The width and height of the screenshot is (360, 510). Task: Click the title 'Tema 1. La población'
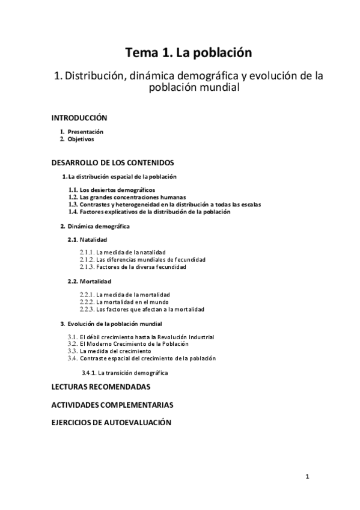[x=188, y=53]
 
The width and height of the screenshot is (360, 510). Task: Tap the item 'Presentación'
[x=85, y=132]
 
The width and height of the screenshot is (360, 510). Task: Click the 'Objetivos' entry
[x=81, y=139]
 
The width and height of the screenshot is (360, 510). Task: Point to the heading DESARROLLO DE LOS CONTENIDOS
[x=112, y=162]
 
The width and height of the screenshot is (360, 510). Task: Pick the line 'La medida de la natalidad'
[x=131, y=252]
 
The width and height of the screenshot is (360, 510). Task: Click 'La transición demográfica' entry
[x=133, y=373]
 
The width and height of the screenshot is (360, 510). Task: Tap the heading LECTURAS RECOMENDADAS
[x=100, y=387]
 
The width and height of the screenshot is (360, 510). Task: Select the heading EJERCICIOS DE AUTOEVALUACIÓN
[x=111, y=423]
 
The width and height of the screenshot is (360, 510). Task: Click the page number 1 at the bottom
[x=307, y=478]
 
